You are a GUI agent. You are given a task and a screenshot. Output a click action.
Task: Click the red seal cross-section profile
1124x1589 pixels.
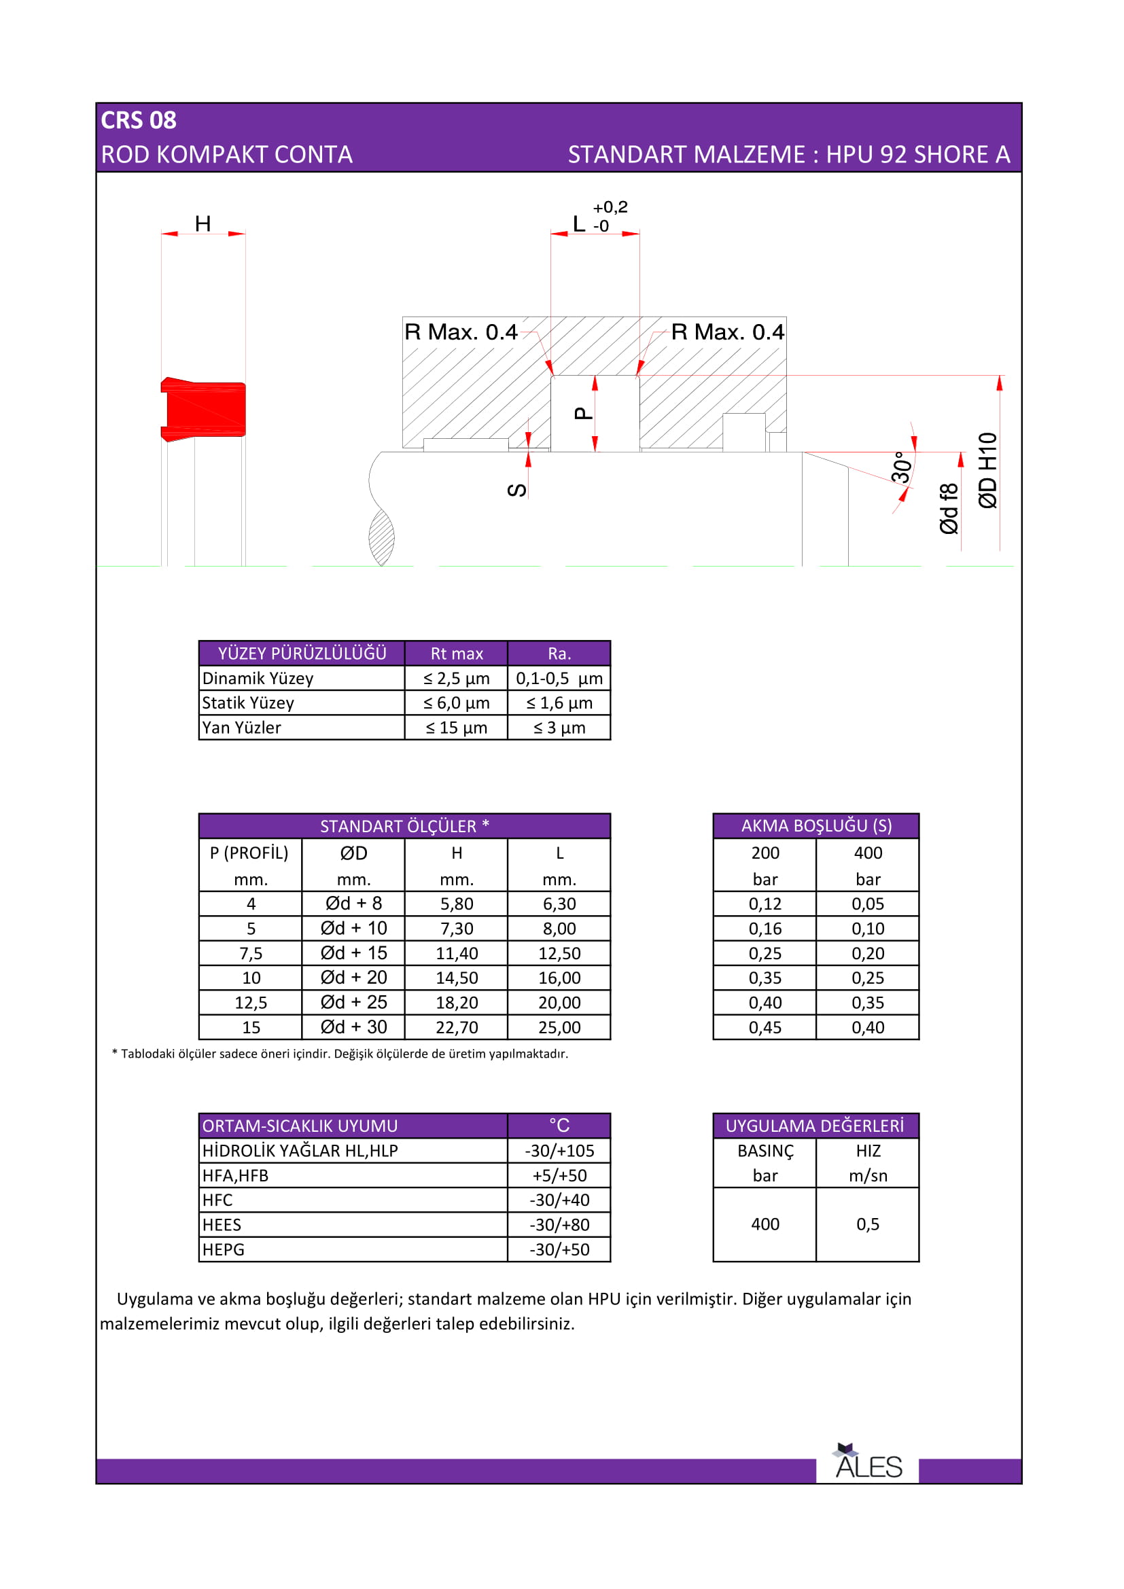coord(203,409)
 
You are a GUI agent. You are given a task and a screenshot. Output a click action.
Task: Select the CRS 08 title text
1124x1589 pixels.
coord(139,120)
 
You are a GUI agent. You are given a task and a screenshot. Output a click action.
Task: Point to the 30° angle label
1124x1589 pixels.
coord(902,467)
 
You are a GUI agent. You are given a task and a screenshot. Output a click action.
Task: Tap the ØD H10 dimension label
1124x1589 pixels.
coord(987,471)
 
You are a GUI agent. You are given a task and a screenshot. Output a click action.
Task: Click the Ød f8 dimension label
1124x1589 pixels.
coord(949,509)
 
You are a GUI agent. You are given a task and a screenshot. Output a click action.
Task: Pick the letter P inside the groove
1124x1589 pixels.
coord(584,414)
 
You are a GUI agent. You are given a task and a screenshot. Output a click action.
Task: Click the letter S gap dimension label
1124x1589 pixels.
coord(517,490)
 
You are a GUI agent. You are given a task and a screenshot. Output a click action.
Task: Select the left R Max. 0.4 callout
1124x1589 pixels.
coord(461,332)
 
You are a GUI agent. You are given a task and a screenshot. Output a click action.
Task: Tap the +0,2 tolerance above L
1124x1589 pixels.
coord(610,207)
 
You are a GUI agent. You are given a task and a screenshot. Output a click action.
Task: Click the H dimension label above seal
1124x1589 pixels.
coord(203,224)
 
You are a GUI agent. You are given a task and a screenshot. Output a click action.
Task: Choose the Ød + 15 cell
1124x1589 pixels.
coord(353,953)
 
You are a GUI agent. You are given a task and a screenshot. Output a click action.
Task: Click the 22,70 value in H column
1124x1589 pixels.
coord(456,1027)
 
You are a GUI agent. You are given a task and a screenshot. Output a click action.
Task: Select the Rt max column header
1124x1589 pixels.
coord(456,654)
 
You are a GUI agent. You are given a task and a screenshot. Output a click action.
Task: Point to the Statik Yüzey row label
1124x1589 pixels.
coord(248,703)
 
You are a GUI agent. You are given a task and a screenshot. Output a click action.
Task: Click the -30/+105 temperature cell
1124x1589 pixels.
coord(559,1150)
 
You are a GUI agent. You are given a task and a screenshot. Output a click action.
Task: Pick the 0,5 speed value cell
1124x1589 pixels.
coord(867,1224)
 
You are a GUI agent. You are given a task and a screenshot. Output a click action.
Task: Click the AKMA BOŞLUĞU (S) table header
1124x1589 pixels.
coord(816,825)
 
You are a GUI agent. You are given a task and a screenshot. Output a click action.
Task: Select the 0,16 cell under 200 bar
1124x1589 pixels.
coord(765,929)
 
